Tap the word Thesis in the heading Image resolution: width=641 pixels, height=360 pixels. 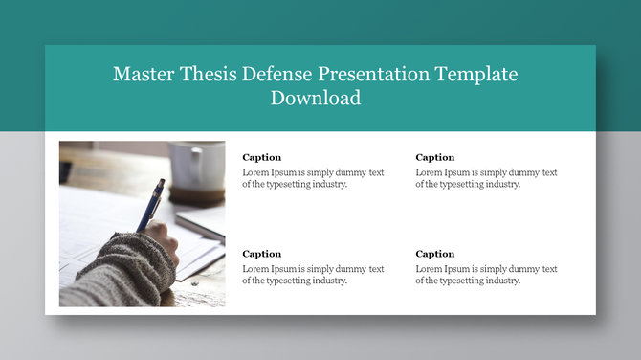[x=209, y=75]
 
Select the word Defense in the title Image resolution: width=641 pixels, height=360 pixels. [x=278, y=75]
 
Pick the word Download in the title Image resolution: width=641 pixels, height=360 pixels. [x=316, y=98]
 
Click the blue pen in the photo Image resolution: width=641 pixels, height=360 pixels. [x=151, y=203]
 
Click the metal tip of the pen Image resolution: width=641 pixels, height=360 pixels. [x=140, y=230]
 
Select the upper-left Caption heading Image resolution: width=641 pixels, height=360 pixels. [x=261, y=157]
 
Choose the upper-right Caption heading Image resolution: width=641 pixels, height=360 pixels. [x=434, y=157]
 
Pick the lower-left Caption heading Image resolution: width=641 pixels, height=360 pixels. [x=261, y=254]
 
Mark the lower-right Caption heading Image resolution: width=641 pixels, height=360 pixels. [x=434, y=254]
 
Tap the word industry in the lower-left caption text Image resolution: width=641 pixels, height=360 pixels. [x=327, y=281]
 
